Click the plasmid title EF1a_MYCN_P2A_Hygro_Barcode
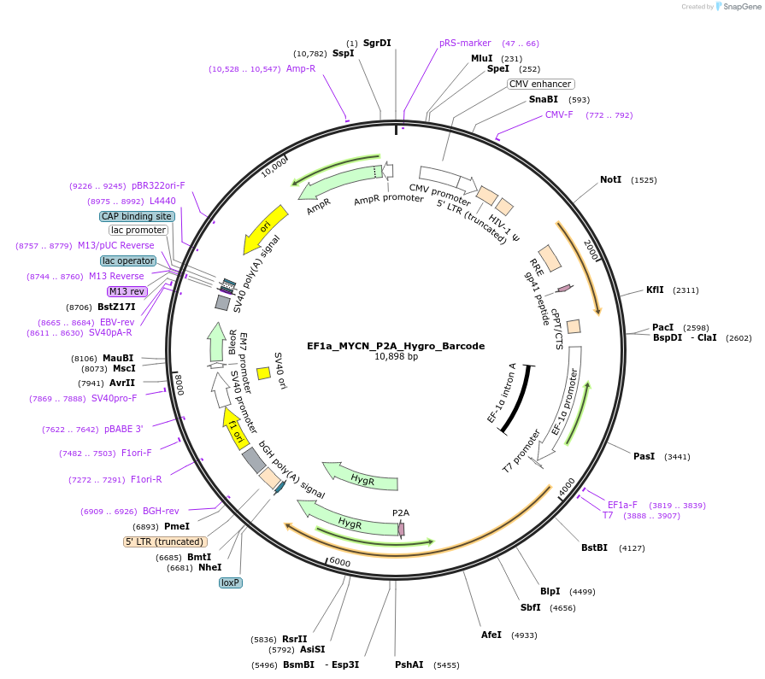[x=396, y=346]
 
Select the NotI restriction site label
[x=610, y=179]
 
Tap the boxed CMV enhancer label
[x=540, y=84]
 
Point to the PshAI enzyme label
[x=409, y=664]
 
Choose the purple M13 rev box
[x=127, y=291]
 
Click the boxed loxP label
[x=231, y=582]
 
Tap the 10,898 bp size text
[x=396, y=357]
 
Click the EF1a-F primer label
[x=622, y=504]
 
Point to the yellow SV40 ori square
[x=263, y=372]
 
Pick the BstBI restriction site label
[x=594, y=547]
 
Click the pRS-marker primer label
[x=465, y=43]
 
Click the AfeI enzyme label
[x=491, y=635]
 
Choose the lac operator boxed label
[x=128, y=260]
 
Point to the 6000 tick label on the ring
[x=339, y=562]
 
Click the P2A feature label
[x=401, y=512]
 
